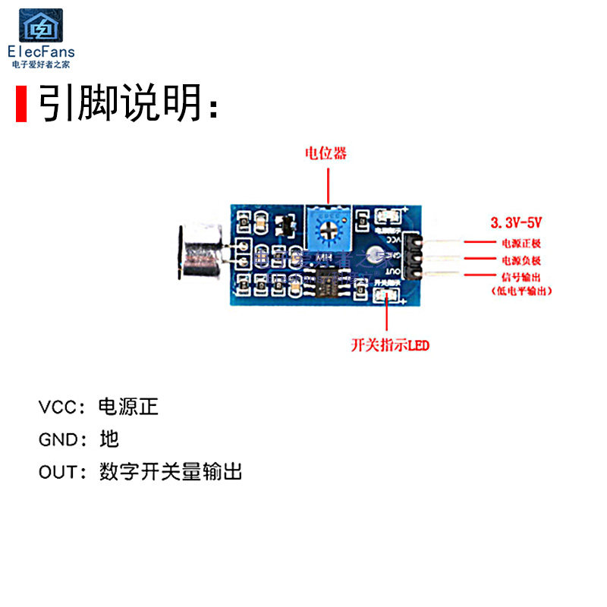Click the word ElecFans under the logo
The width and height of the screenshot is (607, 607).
coord(41,52)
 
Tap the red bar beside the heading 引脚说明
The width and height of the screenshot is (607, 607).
coord(21,105)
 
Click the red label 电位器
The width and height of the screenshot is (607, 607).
coord(326,153)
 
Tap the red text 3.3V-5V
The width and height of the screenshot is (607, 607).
coord(518,223)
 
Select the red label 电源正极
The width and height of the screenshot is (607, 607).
coord(521,244)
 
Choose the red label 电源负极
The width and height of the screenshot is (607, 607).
coord(521,261)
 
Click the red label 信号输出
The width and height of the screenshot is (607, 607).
coord(521,277)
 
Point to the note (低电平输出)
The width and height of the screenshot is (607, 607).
coord(517,291)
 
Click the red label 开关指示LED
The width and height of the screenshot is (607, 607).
coord(390,346)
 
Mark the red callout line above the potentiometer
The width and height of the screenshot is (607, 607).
coord(327,185)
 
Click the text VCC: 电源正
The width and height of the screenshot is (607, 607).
coord(99,407)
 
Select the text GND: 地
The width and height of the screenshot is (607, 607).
coord(79,439)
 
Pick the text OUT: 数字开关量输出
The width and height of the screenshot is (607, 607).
coord(140,472)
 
